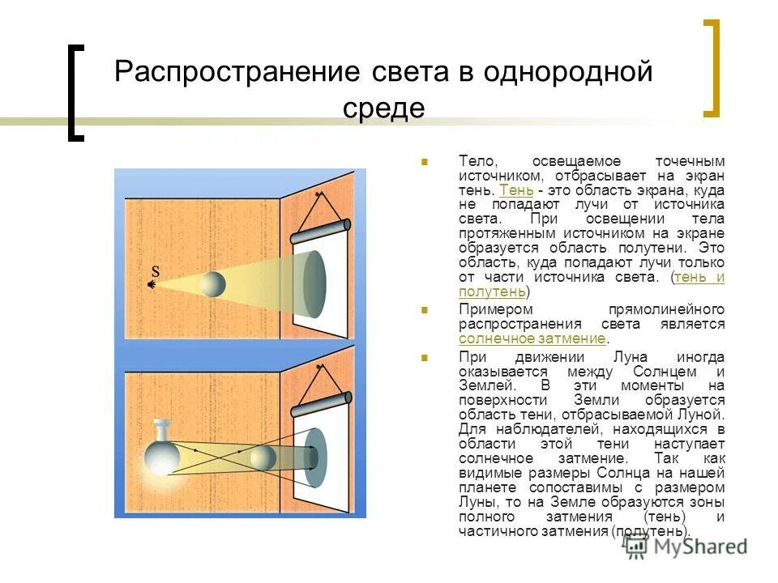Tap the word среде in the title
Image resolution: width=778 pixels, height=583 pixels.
[x=383, y=108]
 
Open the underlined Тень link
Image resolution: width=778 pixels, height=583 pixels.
[x=516, y=189]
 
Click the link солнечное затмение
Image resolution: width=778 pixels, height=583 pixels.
[x=532, y=338]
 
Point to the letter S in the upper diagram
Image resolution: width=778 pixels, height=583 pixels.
[x=156, y=271]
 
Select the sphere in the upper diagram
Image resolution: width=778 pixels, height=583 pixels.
[x=213, y=284]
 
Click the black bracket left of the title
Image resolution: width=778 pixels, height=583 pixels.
[x=75, y=92]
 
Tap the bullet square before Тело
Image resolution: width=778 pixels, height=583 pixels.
[x=424, y=162]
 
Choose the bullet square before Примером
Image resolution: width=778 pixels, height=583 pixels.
[x=424, y=310]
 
